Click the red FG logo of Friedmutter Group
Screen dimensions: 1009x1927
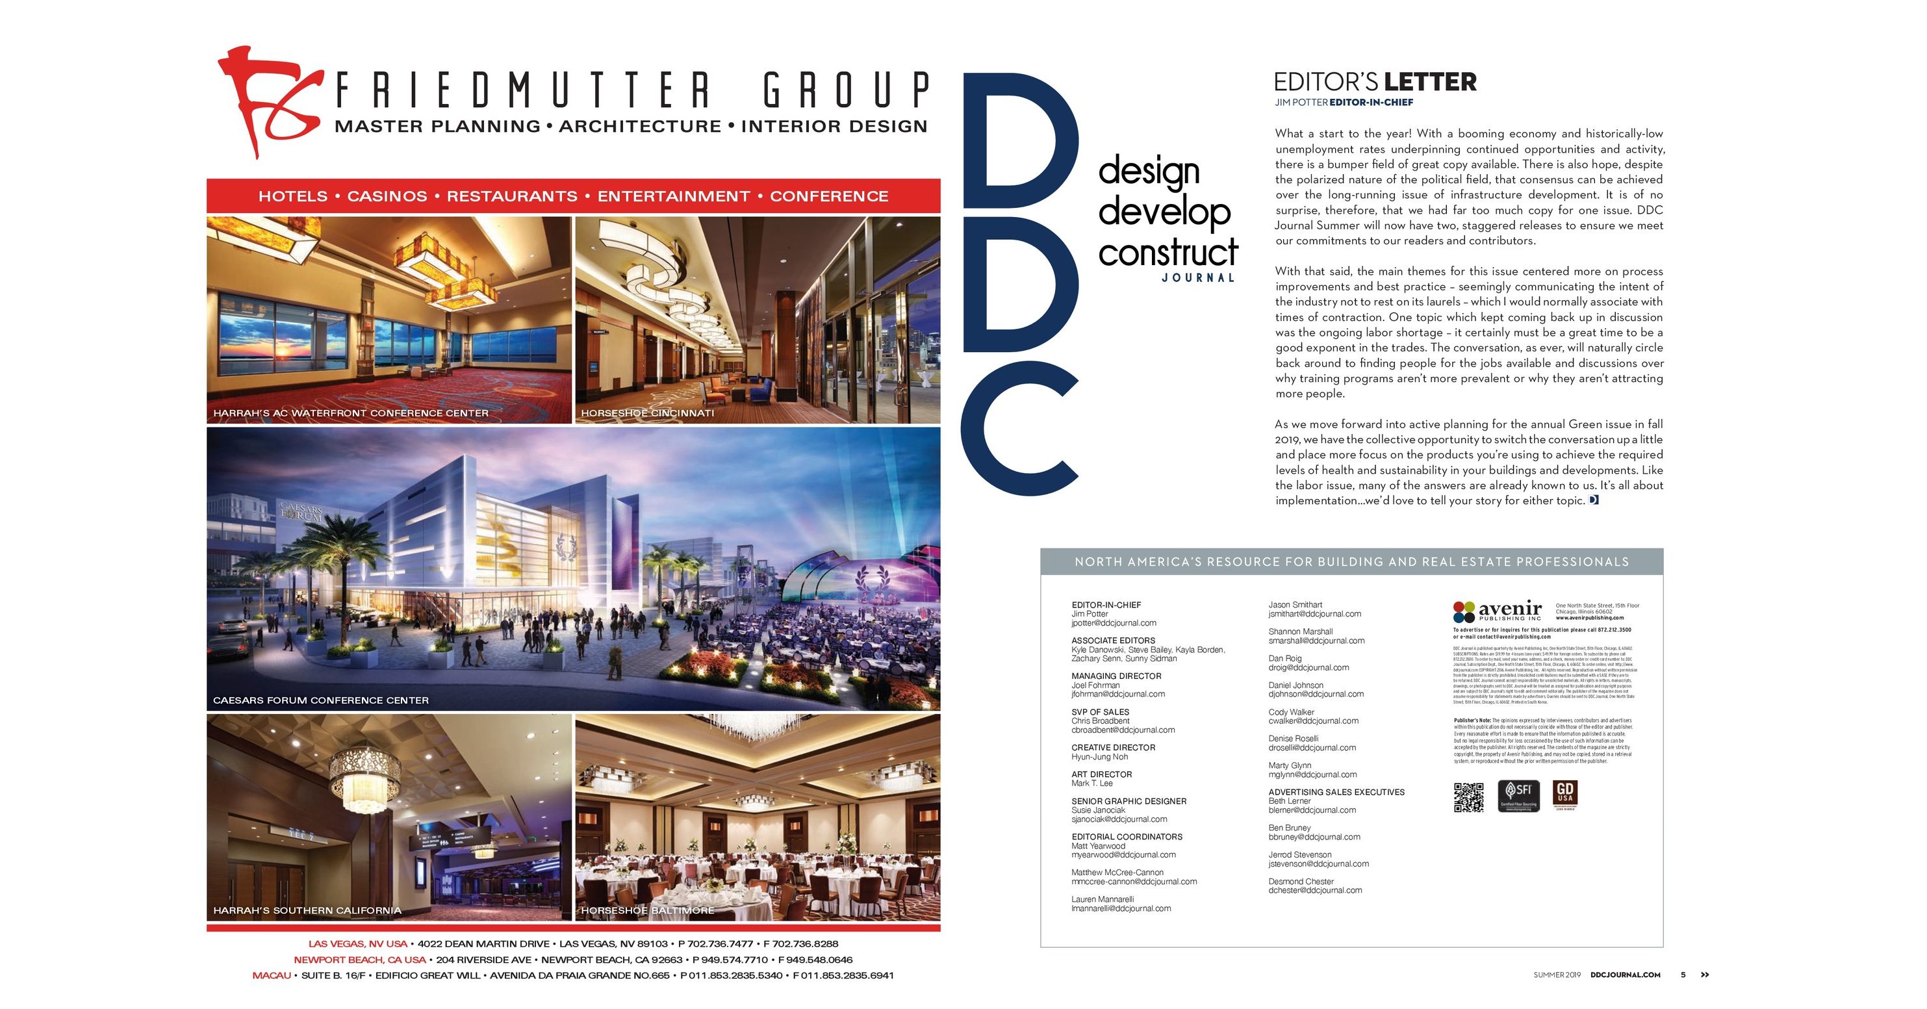(x=266, y=101)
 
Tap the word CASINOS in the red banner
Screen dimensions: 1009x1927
(x=387, y=197)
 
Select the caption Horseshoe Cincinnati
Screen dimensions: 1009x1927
(x=647, y=413)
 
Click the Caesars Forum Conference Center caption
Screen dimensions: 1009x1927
(x=321, y=701)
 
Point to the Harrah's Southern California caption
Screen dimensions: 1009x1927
(x=307, y=910)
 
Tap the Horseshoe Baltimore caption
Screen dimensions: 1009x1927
(x=647, y=910)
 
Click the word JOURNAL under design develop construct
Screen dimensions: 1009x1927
(x=1197, y=278)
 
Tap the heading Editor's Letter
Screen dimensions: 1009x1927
(x=1375, y=83)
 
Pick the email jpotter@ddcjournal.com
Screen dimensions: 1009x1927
(x=1113, y=623)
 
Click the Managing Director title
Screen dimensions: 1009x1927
(x=1116, y=676)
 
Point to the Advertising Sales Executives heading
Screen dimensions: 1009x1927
(x=1336, y=792)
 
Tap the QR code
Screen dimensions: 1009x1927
(x=1468, y=797)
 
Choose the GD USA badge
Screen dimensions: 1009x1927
(x=1565, y=795)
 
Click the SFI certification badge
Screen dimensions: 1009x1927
(x=1518, y=796)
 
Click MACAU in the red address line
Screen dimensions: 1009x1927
(x=272, y=975)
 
